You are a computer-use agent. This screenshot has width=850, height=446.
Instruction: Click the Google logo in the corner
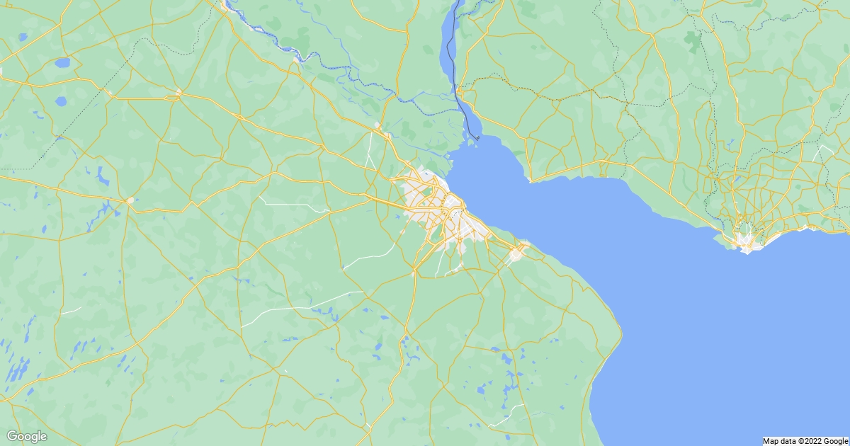(x=27, y=436)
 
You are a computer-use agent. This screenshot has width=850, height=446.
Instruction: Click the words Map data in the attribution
(x=778, y=441)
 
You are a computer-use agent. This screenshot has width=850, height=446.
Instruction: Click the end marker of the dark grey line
(x=477, y=137)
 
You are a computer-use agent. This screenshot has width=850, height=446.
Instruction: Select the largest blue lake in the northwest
(x=63, y=63)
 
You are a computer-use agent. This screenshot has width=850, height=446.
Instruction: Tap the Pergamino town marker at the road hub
(x=178, y=92)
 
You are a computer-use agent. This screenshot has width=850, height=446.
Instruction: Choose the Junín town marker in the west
(x=130, y=200)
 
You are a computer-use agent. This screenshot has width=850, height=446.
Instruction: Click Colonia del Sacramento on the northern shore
(x=531, y=180)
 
